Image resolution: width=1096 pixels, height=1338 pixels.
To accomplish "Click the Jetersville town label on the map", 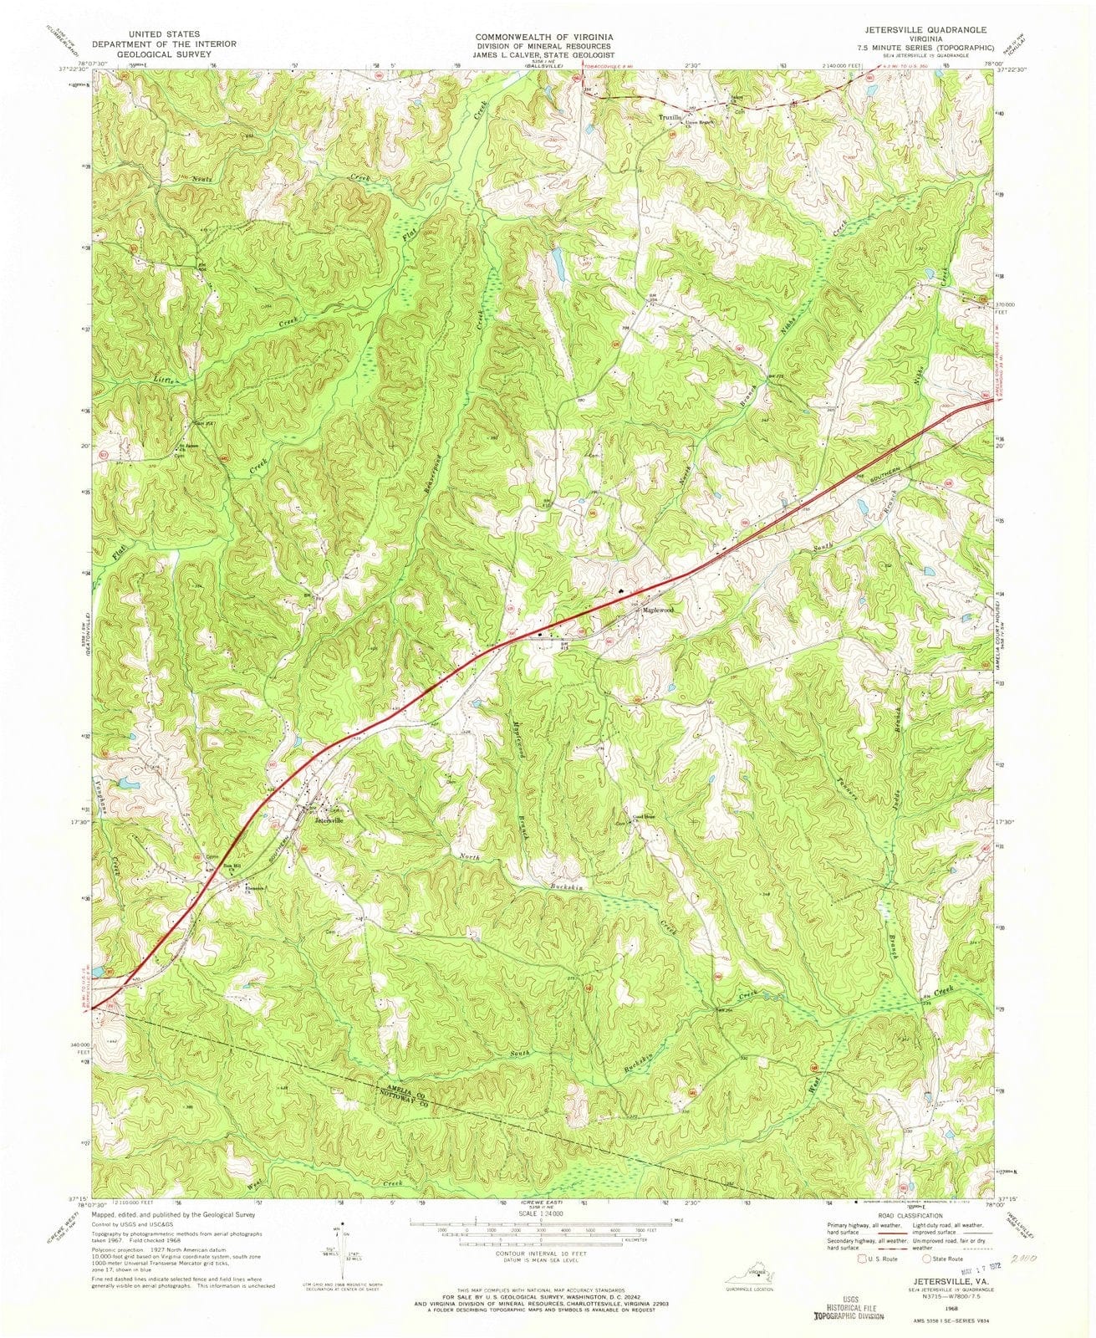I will (x=329, y=820).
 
